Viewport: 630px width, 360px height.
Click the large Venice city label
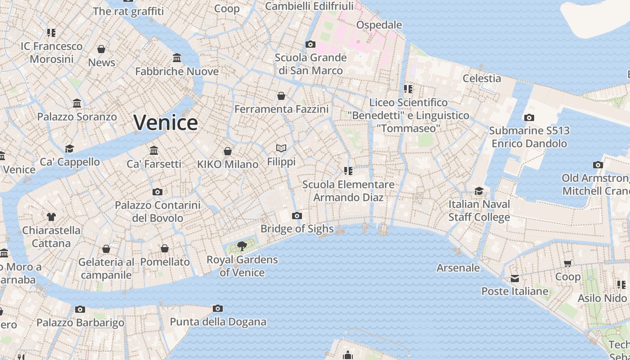click(x=166, y=122)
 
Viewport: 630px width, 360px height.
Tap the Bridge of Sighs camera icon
click(x=297, y=216)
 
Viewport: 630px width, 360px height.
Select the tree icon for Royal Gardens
click(x=242, y=246)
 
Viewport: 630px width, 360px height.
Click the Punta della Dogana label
click(x=218, y=322)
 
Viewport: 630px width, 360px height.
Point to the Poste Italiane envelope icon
click(x=515, y=279)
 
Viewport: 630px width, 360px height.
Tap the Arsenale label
click(x=458, y=268)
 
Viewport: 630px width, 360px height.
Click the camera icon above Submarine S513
click(x=529, y=118)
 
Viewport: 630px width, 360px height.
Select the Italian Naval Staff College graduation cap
click(x=479, y=191)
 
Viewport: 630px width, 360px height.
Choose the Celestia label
click(x=482, y=78)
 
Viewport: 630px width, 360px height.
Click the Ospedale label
click(x=379, y=25)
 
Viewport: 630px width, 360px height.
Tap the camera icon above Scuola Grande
click(x=310, y=44)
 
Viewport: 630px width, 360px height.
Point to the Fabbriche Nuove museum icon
click(x=177, y=58)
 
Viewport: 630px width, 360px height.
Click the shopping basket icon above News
click(x=101, y=49)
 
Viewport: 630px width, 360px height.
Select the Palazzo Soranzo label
click(x=77, y=117)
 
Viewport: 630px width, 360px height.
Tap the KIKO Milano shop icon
click(x=228, y=151)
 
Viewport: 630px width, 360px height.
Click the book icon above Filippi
click(x=281, y=148)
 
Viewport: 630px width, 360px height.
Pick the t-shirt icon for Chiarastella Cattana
click(x=51, y=217)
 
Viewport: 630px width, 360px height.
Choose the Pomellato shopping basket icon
click(x=165, y=249)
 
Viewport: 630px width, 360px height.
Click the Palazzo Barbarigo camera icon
click(x=80, y=309)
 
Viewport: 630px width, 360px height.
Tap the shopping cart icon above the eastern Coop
click(x=568, y=263)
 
